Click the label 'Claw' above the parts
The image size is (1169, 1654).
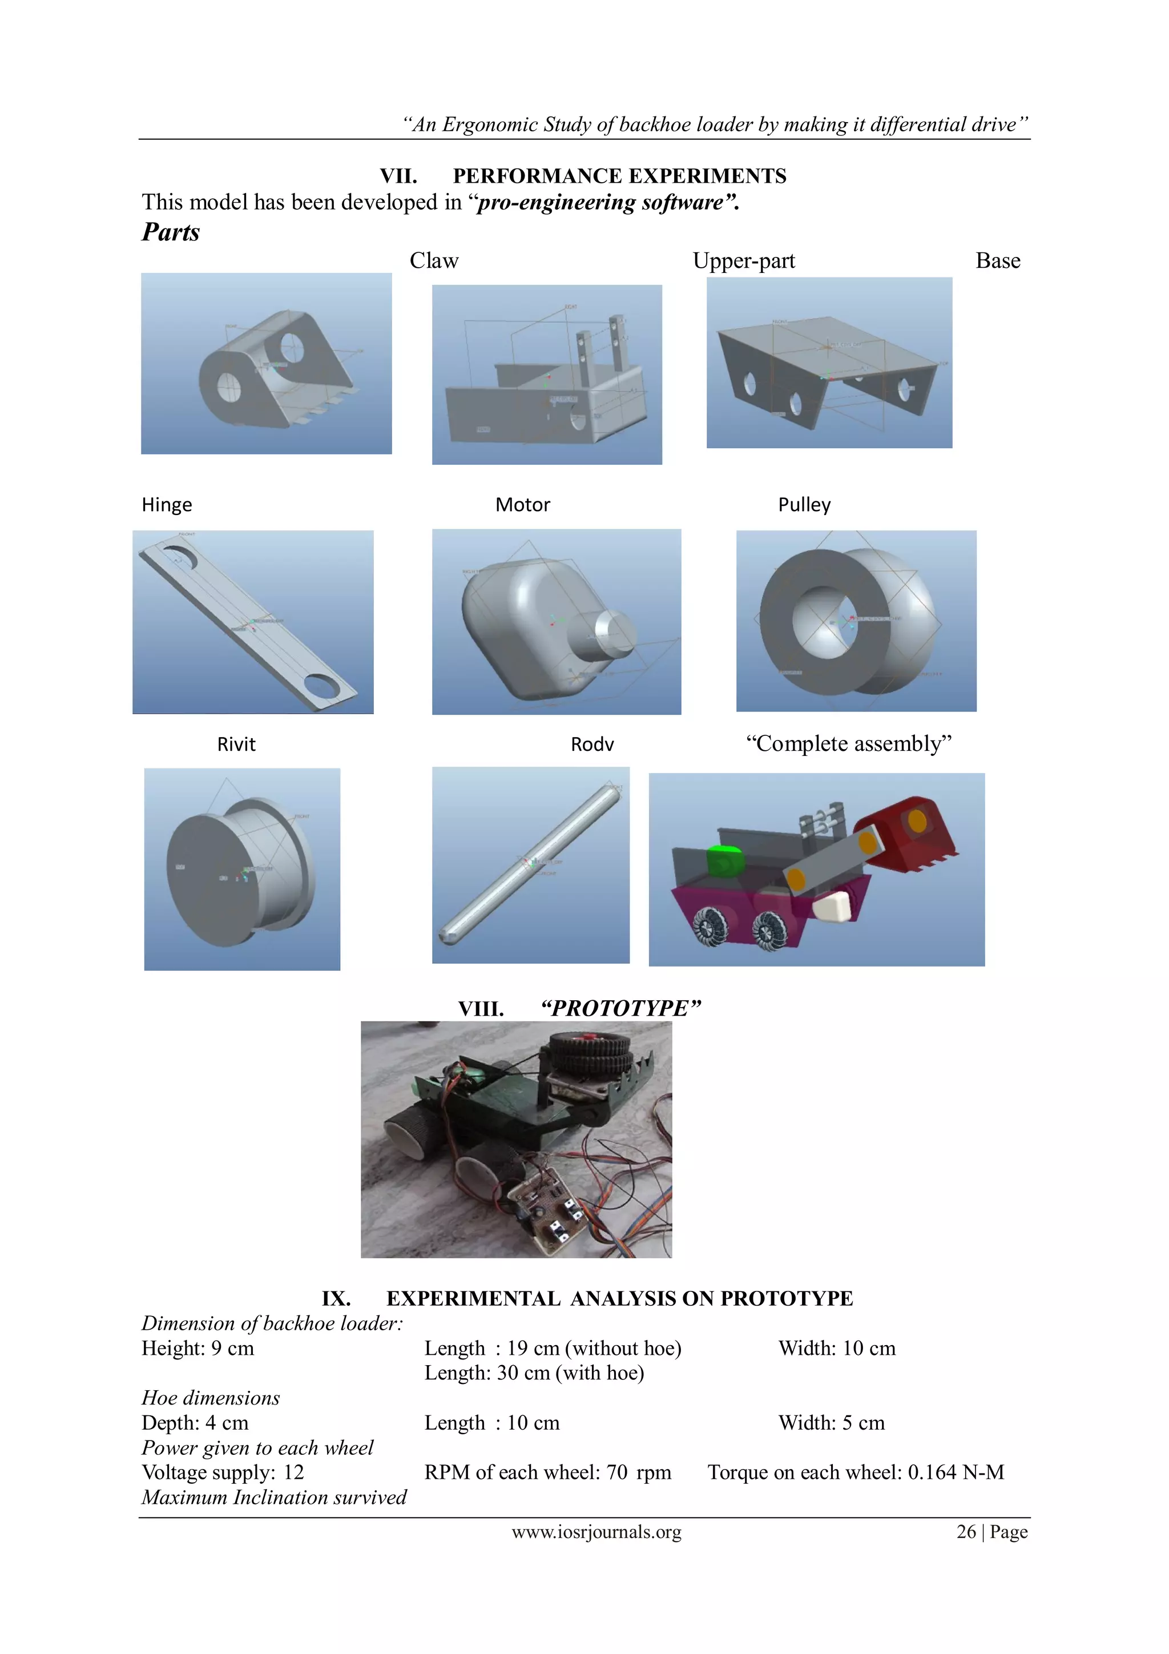pos(434,261)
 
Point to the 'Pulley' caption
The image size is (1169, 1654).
pos(804,504)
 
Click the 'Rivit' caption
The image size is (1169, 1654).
pos(236,744)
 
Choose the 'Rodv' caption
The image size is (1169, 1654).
pos(592,744)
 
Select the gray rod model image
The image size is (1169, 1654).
pos(531,864)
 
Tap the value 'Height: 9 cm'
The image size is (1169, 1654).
pos(197,1349)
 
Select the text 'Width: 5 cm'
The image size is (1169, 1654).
pos(831,1423)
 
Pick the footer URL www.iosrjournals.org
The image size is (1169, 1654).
pos(596,1532)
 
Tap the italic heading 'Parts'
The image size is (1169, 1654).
pos(171,232)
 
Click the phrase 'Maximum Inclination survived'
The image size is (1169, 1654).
pos(274,1498)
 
